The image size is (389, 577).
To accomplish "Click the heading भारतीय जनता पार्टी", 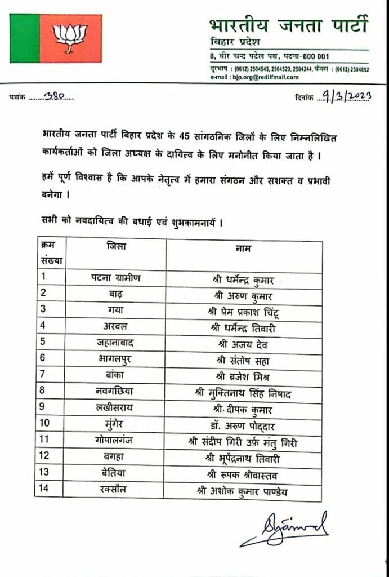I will [288, 25].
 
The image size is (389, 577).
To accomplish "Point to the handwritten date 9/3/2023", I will [343, 96].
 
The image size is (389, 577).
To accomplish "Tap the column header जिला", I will [117, 247].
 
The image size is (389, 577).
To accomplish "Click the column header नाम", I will [243, 248].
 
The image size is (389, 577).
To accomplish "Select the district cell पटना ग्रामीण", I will [117, 278].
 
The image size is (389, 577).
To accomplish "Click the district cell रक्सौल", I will [117, 490].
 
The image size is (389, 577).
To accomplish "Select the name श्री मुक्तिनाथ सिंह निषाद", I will [243, 393].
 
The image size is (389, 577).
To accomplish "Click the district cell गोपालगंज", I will [117, 441].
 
